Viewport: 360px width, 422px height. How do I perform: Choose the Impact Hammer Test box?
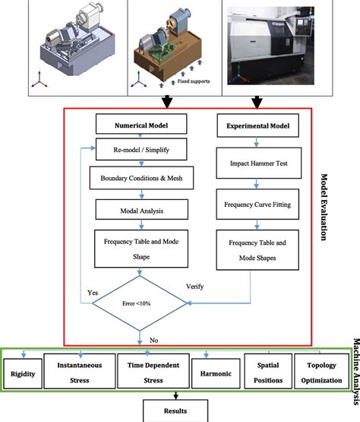(251, 163)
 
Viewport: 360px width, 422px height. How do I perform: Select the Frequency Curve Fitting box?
(251, 205)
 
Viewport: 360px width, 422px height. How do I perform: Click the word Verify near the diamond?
(195, 287)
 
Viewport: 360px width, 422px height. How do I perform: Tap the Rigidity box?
(23, 373)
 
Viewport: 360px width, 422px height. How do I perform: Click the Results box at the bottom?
(176, 411)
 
